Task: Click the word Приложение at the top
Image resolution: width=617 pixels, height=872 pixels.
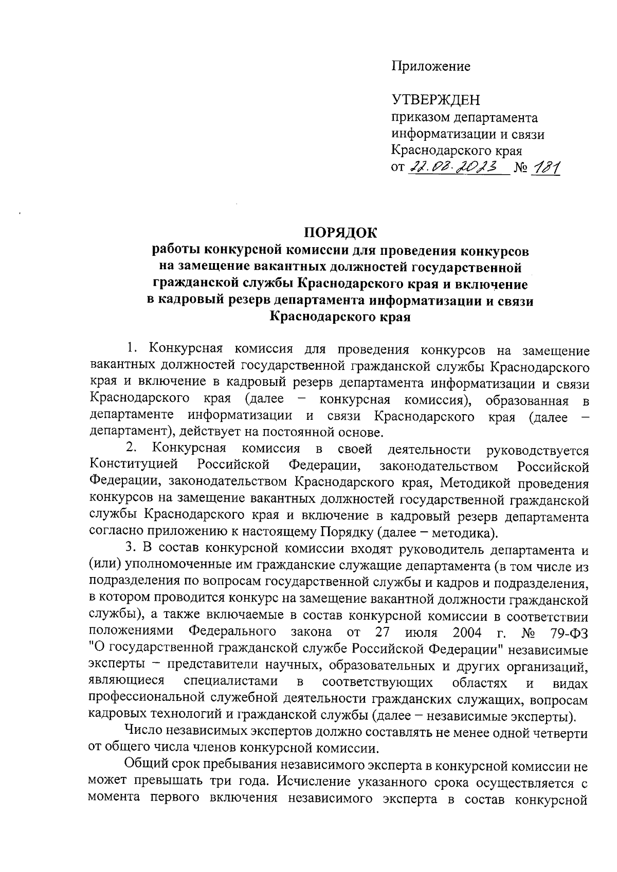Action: point(431,66)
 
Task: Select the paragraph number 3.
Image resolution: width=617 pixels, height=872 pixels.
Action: point(131,550)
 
